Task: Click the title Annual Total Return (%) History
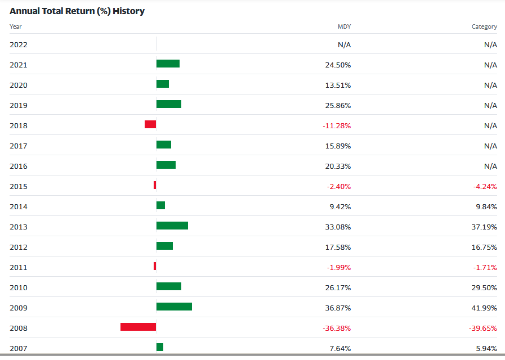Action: click(x=77, y=11)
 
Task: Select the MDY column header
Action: click(x=344, y=26)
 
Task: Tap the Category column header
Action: click(x=484, y=26)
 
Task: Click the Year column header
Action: click(x=16, y=26)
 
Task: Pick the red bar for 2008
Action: click(x=138, y=327)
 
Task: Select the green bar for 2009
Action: click(x=174, y=307)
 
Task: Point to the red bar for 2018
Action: click(x=150, y=124)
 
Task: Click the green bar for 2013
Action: click(x=172, y=226)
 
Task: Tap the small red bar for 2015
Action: click(x=155, y=185)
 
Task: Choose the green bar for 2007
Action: click(x=160, y=347)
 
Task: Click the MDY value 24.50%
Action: click(x=338, y=65)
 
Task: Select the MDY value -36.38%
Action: click(x=336, y=328)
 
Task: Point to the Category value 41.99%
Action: click(x=484, y=308)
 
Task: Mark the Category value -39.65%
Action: click(x=483, y=328)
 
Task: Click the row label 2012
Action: click(x=18, y=247)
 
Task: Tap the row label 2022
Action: click(x=18, y=45)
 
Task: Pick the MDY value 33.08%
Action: click(x=338, y=227)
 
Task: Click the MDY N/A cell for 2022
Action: click(x=344, y=45)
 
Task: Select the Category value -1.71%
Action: click(x=485, y=268)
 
